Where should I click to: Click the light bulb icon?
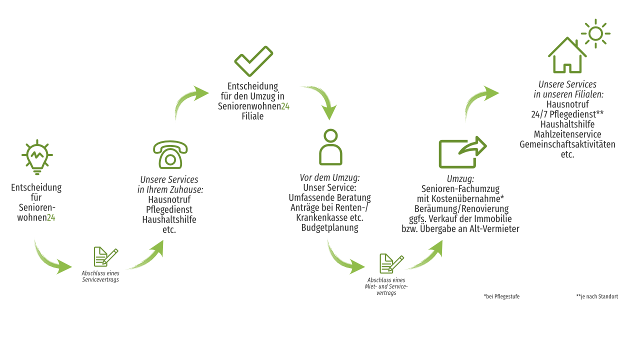tap(37, 157)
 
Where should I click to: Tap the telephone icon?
tap(170, 154)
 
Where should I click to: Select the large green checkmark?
tap(253, 61)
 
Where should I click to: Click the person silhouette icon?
tap(330, 147)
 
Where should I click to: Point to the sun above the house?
tap(595, 33)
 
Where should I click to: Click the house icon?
tap(567, 55)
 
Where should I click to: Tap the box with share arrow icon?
tap(463, 152)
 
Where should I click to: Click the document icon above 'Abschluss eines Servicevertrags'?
tap(105, 256)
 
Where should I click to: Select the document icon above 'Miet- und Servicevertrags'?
tap(391, 263)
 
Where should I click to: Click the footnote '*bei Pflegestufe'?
tap(501, 296)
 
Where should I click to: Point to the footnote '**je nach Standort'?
tap(597, 296)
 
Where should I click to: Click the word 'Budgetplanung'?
tap(329, 227)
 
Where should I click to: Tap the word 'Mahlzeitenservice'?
tap(567, 134)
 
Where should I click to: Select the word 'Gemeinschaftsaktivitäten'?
tap(567, 144)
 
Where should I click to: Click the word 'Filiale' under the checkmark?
tap(252, 116)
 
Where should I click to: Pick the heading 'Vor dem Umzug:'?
tap(329, 177)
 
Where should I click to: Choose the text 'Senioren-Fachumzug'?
tap(460, 189)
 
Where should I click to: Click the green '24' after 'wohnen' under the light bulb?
tap(51, 217)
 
